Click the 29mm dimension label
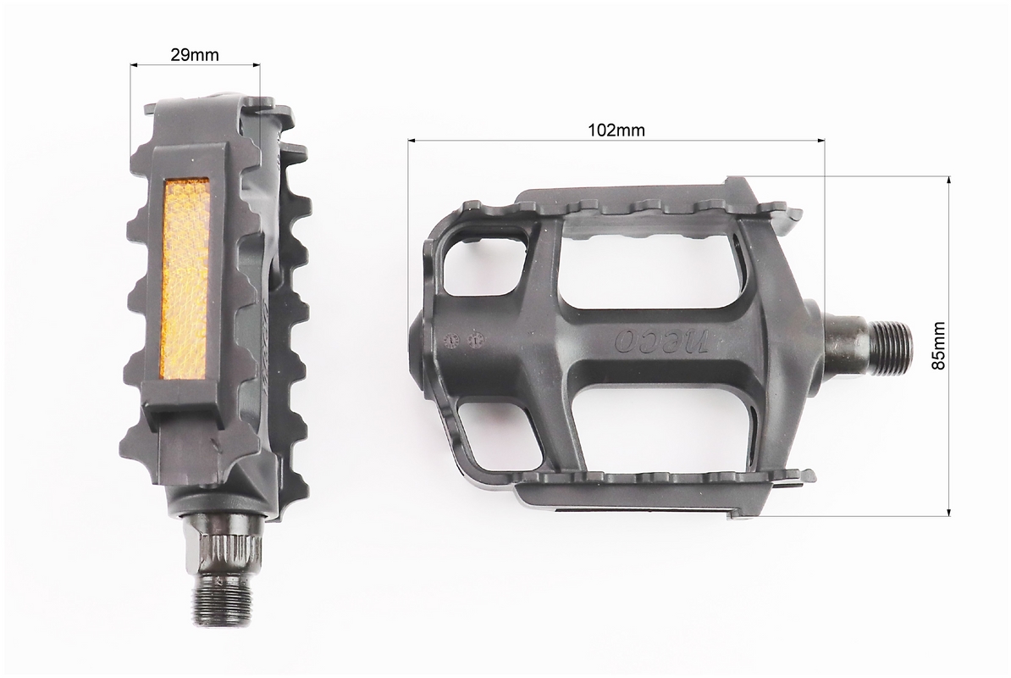194,55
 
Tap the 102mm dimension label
616,130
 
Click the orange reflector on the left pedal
185,280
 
